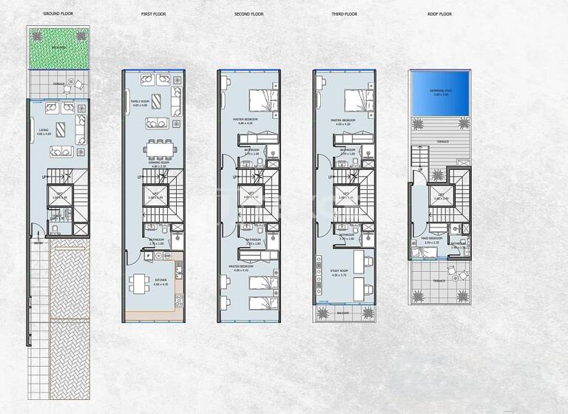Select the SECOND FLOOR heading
click(x=249, y=14)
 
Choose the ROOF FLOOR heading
click(x=440, y=14)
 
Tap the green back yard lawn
click(x=58, y=48)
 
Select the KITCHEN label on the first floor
click(x=161, y=280)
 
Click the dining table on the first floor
click(x=160, y=151)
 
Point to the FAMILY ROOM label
click(x=141, y=102)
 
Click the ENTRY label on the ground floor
click(x=37, y=241)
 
